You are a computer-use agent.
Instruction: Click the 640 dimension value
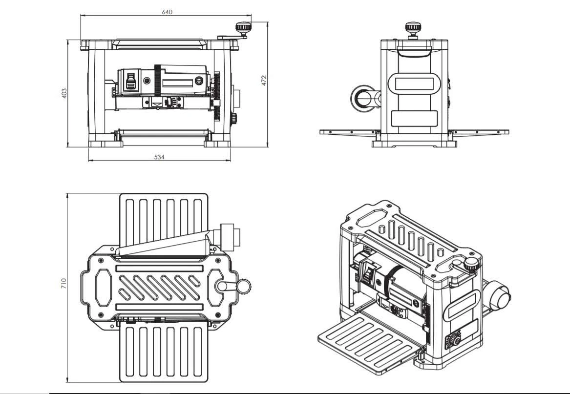pos(167,12)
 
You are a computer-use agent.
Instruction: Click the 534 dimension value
pos(159,157)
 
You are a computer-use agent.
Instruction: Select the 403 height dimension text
pos(64,93)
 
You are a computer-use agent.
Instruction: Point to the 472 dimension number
pos(263,81)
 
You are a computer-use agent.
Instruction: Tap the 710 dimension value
pos(63,283)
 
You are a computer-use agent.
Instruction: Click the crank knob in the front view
pos(243,27)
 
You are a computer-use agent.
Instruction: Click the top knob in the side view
pos(413,27)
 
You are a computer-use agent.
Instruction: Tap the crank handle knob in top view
pos(244,286)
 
